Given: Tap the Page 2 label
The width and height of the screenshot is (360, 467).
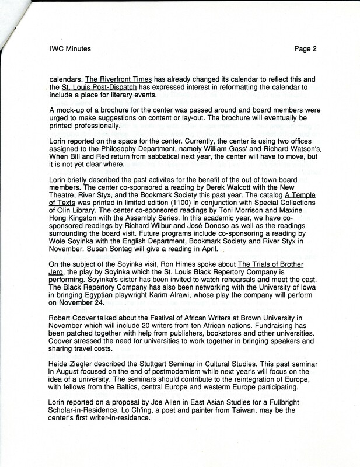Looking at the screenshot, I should coord(306,49).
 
